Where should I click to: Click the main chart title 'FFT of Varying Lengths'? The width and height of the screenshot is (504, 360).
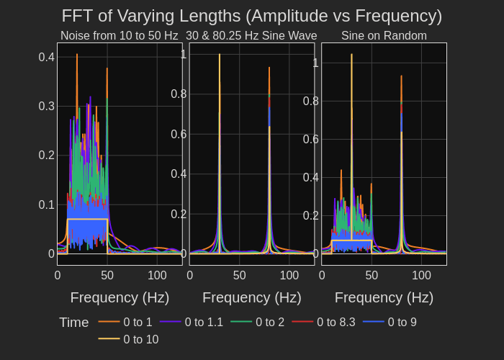point(251,16)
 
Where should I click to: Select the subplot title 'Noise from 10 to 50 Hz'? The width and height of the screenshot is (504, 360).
point(119,36)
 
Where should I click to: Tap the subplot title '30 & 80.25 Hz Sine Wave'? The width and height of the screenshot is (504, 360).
point(251,36)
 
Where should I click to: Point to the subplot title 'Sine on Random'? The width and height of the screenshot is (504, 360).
point(384,36)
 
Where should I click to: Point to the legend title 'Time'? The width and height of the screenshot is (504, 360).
point(73,323)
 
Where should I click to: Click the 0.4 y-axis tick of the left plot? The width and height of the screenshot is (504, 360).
point(47,57)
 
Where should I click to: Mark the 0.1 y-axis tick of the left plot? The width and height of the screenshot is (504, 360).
point(47,204)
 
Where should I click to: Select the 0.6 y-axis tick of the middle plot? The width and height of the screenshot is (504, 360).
point(179,134)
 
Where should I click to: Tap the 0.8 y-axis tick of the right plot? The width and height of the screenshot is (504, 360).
point(311,101)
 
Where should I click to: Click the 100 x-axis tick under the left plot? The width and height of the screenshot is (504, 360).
point(157,275)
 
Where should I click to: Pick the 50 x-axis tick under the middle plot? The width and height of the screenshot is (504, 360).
point(240,275)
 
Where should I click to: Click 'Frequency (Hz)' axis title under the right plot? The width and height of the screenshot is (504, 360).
point(384,297)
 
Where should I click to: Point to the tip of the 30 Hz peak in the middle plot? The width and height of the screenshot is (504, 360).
point(220,54)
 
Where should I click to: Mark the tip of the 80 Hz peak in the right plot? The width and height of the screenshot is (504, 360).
point(401,76)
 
